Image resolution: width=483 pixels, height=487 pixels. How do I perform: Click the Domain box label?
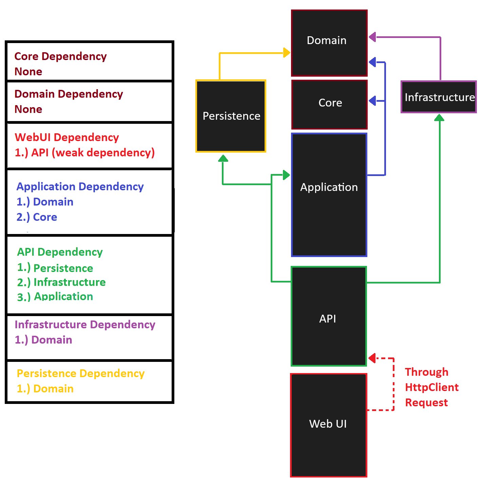tap(327, 40)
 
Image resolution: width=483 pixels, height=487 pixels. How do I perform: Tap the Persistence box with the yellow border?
tap(231, 116)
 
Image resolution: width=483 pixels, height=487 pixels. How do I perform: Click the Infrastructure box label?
tap(440, 97)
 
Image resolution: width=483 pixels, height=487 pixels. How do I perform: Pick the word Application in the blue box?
tap(329, 187)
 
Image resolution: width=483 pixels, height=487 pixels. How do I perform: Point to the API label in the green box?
tap(328, 319)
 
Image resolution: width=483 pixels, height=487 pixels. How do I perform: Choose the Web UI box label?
tap(328, 424)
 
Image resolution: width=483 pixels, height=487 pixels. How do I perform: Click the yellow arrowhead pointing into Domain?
tap(287, 53)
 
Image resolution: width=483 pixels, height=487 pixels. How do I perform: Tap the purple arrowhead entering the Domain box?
tap(372, 37)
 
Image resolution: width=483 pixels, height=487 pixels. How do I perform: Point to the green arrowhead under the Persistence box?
tap(223, 158)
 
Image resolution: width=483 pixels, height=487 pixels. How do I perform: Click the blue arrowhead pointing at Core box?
tap(372, 101)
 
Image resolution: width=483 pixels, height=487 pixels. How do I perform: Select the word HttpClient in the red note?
tap(432, 387)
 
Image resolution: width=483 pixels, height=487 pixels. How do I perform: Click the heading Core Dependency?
tap(61, 56)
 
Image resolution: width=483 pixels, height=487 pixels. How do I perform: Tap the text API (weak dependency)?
tap(93, 153)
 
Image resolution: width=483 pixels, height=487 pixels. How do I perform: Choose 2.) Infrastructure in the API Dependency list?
tap(61, 282)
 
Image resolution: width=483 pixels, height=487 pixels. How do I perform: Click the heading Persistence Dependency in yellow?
tap(81, 373)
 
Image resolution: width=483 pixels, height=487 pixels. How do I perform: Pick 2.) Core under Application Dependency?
tap(37, 217)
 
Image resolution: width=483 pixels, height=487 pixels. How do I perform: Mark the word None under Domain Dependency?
tap(28, 109)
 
